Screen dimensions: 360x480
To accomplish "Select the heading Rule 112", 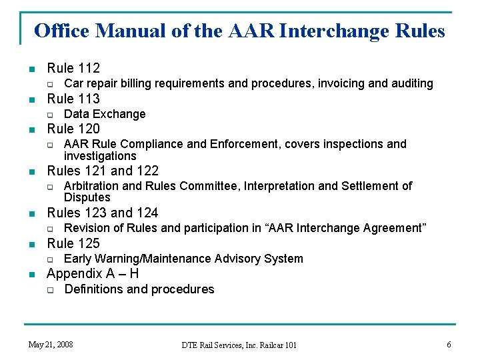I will coord(73,67).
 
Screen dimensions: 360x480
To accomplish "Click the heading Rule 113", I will coord(73,99).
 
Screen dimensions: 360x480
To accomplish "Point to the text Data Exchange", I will coord(105,114).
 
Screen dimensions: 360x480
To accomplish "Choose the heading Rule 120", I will coord(73,129).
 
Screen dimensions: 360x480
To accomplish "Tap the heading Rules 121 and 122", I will coord(103,171).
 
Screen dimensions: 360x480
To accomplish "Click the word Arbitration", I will coord(93,186).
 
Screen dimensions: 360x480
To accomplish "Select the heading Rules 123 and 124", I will coord(103,213).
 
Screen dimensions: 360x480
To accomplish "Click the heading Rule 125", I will coord(73,243).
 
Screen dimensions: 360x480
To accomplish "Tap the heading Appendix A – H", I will coord(93,273).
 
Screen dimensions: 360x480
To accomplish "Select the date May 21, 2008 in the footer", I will coord(51,345).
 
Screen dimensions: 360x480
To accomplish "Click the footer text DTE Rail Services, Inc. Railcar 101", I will coord(239,345).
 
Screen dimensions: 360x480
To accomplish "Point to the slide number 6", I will coord(449,345).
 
